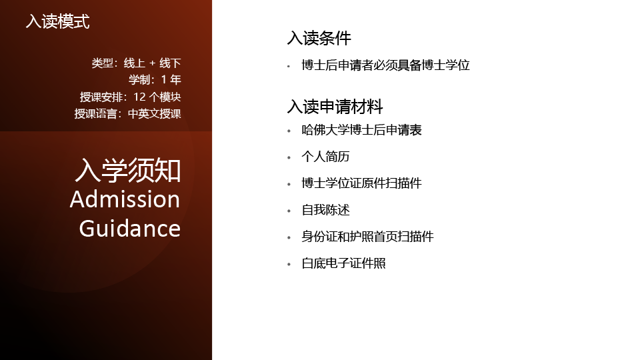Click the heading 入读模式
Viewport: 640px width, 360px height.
pos(57,21)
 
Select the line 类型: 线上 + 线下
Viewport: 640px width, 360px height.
pos(136,63)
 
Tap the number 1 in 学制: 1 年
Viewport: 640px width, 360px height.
pos(164,79)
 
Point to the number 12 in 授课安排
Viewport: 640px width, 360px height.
pos(139,97)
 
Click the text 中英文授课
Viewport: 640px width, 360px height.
pos(154,113)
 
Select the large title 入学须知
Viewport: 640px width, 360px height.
pos(128,170)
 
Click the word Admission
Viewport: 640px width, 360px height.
pos(125,199)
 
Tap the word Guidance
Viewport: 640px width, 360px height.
pos(130,228)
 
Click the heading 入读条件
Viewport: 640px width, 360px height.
pos(319,38)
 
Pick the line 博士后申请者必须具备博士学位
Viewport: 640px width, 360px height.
pos(386,65)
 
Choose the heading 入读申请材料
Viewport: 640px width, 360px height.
pos(335,107)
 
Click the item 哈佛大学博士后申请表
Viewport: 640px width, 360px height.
pos(361,130)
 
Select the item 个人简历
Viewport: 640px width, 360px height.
pos(326,157)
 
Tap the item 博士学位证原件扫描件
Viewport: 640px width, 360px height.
pos(361,183)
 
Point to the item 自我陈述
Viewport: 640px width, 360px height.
pos(326,210)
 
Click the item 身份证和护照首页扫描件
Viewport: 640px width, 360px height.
pos(368,237)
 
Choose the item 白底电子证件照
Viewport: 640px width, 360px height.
pos(344,263)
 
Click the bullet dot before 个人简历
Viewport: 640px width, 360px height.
pos(289,157)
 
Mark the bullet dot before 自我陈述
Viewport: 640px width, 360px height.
pos(289,211)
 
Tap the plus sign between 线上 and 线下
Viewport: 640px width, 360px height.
pos(152,64)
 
